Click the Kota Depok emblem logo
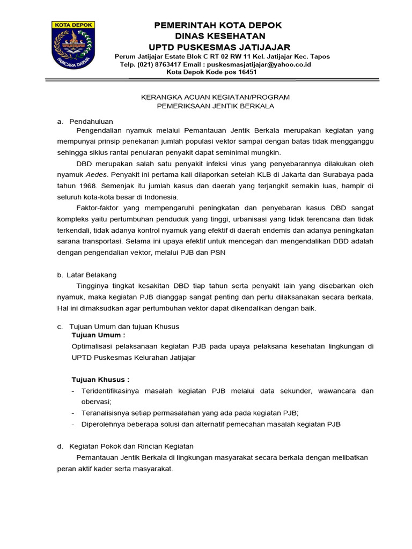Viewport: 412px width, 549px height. pos(73,45)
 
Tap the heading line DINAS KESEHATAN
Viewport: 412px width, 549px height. pos(217,36)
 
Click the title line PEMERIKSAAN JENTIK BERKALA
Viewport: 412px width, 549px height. pos(215,106)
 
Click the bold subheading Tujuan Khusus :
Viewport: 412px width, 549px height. pos(100,380)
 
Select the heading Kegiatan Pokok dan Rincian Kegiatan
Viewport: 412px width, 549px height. pos(131,446)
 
